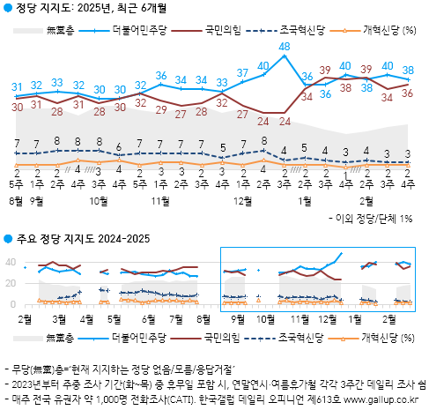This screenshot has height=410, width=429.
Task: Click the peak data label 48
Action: tap(284, 46)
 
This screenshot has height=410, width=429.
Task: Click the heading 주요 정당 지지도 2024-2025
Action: tap(82, 239)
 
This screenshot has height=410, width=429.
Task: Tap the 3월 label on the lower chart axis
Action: tap(61, 318)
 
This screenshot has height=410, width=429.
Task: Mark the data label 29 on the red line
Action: tap(161, 110)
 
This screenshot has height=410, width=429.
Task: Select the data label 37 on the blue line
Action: tap(242, 72)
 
